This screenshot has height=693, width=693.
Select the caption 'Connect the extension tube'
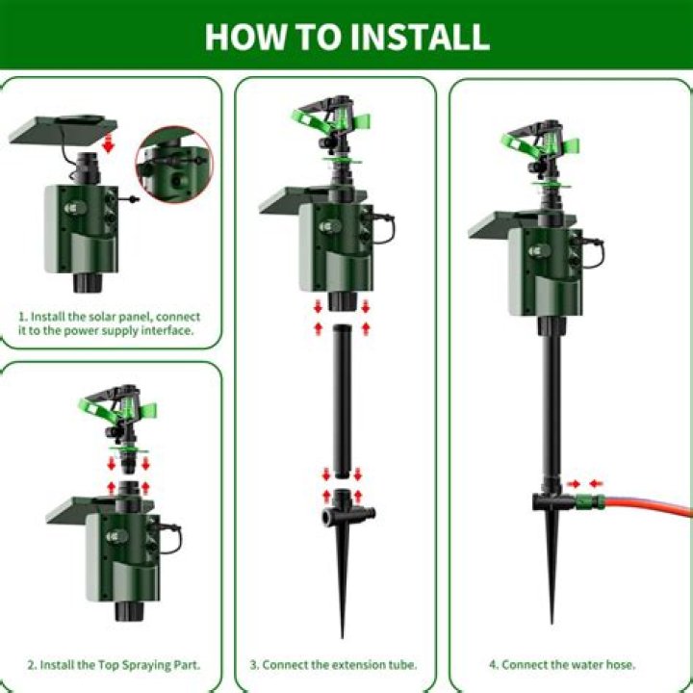click(340, 664)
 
